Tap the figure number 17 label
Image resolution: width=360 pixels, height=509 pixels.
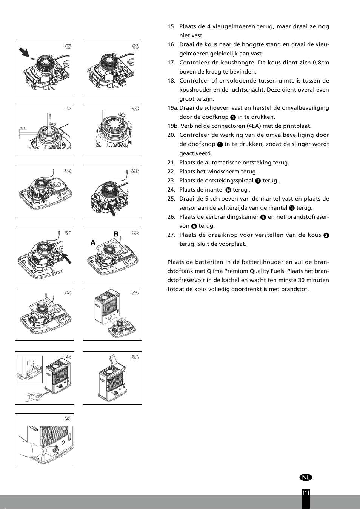click(68, 109)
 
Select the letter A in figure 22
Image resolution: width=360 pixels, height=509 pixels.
click(93, 244)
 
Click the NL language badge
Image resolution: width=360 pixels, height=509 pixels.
click(306, 477)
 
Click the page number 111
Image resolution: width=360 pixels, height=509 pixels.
click(306, 493)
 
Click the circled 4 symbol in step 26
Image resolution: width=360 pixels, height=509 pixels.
click(263, 217)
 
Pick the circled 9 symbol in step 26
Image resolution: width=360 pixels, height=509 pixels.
click(194, 226)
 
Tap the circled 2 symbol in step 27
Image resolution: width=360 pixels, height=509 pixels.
click(326, 235)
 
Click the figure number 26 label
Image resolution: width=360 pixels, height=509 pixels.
click(135, 357)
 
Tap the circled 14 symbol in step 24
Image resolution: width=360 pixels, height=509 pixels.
click(228, 190)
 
